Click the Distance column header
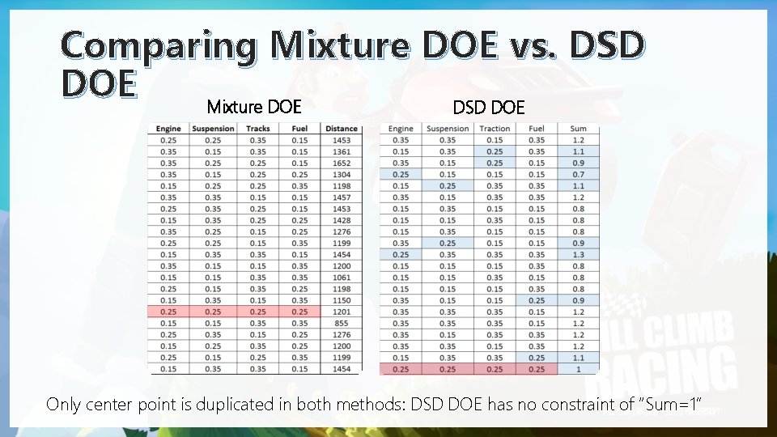click(341, 128)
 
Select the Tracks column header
click(257, 128)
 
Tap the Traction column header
click(495, 128)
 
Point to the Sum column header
click(578, 128)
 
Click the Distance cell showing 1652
click(341, 163)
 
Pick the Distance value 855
click(341, 323)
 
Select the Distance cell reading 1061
click(341, 277)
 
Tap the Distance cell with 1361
click(341, 151)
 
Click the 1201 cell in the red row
click(341, 312)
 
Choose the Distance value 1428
click(341, 220)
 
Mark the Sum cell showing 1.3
click(578, 254)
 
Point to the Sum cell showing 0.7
click(578, 174)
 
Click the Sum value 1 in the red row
click(578, 369)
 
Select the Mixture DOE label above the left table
click(254, 107)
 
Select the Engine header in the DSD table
click(401, 128)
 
